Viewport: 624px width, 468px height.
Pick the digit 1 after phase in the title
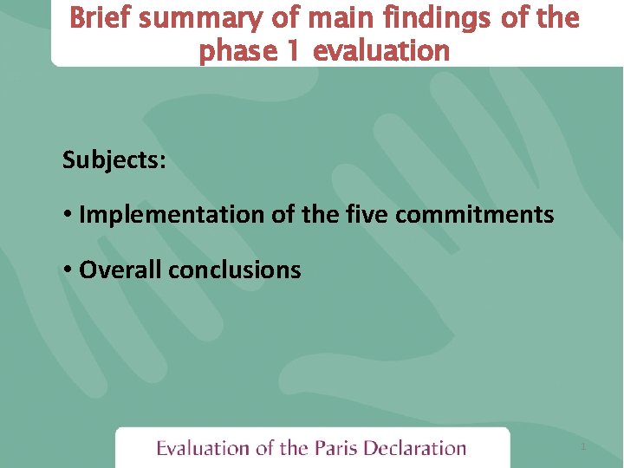pos(292,51)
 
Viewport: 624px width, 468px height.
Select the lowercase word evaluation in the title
pos(381,51)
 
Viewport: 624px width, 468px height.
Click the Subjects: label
pos(114,159)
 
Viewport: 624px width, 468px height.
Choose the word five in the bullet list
pos(367,215)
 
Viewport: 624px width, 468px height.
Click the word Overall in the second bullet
pos(120,270)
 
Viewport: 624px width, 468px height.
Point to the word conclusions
pos(235,270)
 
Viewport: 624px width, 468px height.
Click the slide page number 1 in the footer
pos(583,447)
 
